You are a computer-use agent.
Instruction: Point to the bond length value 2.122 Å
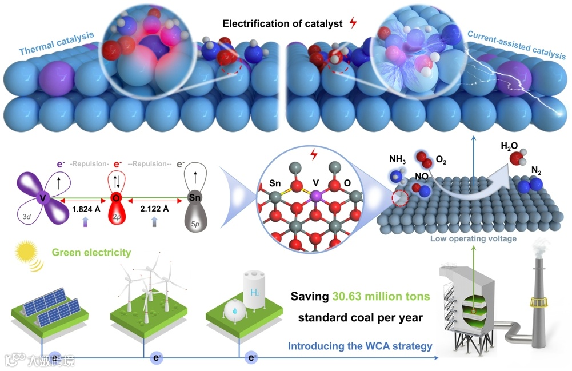coord(155,210)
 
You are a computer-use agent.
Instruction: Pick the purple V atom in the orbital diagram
coord(42,198)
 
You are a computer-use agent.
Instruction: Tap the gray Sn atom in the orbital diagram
coord(194,198)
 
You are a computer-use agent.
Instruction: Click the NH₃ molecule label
coord(398,158)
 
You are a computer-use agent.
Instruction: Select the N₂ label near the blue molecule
coord(535,169)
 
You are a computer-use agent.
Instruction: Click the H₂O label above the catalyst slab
coord(510,146)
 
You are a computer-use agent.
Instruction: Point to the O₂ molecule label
coord(441,161)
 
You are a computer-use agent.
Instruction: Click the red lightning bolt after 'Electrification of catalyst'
coord(353,23)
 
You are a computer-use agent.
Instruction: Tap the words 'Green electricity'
coord(91,252)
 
